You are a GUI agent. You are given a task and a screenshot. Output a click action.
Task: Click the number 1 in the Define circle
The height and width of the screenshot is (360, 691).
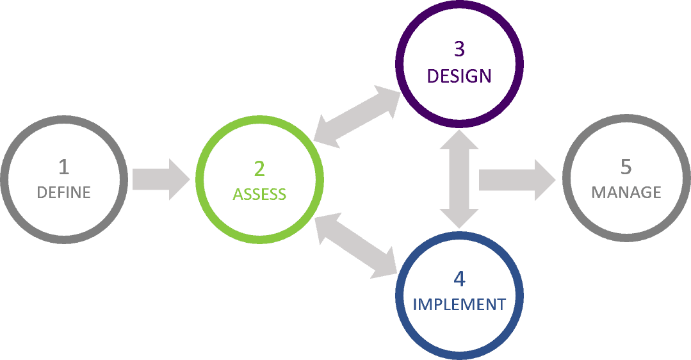[63, 168]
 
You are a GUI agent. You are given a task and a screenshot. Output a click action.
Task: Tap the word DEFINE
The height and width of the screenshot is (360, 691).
[64, 192]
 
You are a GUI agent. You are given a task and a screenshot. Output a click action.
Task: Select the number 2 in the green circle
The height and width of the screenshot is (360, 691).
[259, 168]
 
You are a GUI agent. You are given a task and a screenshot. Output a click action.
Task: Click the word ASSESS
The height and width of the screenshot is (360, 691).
[259, 193]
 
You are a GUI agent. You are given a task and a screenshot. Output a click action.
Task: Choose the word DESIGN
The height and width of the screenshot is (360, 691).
[459, 76]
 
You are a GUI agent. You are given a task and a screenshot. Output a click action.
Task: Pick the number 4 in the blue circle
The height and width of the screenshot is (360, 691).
[459, 279]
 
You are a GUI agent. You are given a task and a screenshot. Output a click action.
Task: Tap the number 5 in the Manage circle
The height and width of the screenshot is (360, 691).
[626, 167]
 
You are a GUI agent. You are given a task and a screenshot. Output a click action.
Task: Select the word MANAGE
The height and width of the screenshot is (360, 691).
[626, 192]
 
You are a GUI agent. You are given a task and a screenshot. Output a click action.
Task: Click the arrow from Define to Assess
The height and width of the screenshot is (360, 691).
[160, 178]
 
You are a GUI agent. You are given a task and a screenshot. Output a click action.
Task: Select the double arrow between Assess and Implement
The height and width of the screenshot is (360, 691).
[358, 245]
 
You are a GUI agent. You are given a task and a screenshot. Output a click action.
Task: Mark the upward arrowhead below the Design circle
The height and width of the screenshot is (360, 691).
[459, 139]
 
